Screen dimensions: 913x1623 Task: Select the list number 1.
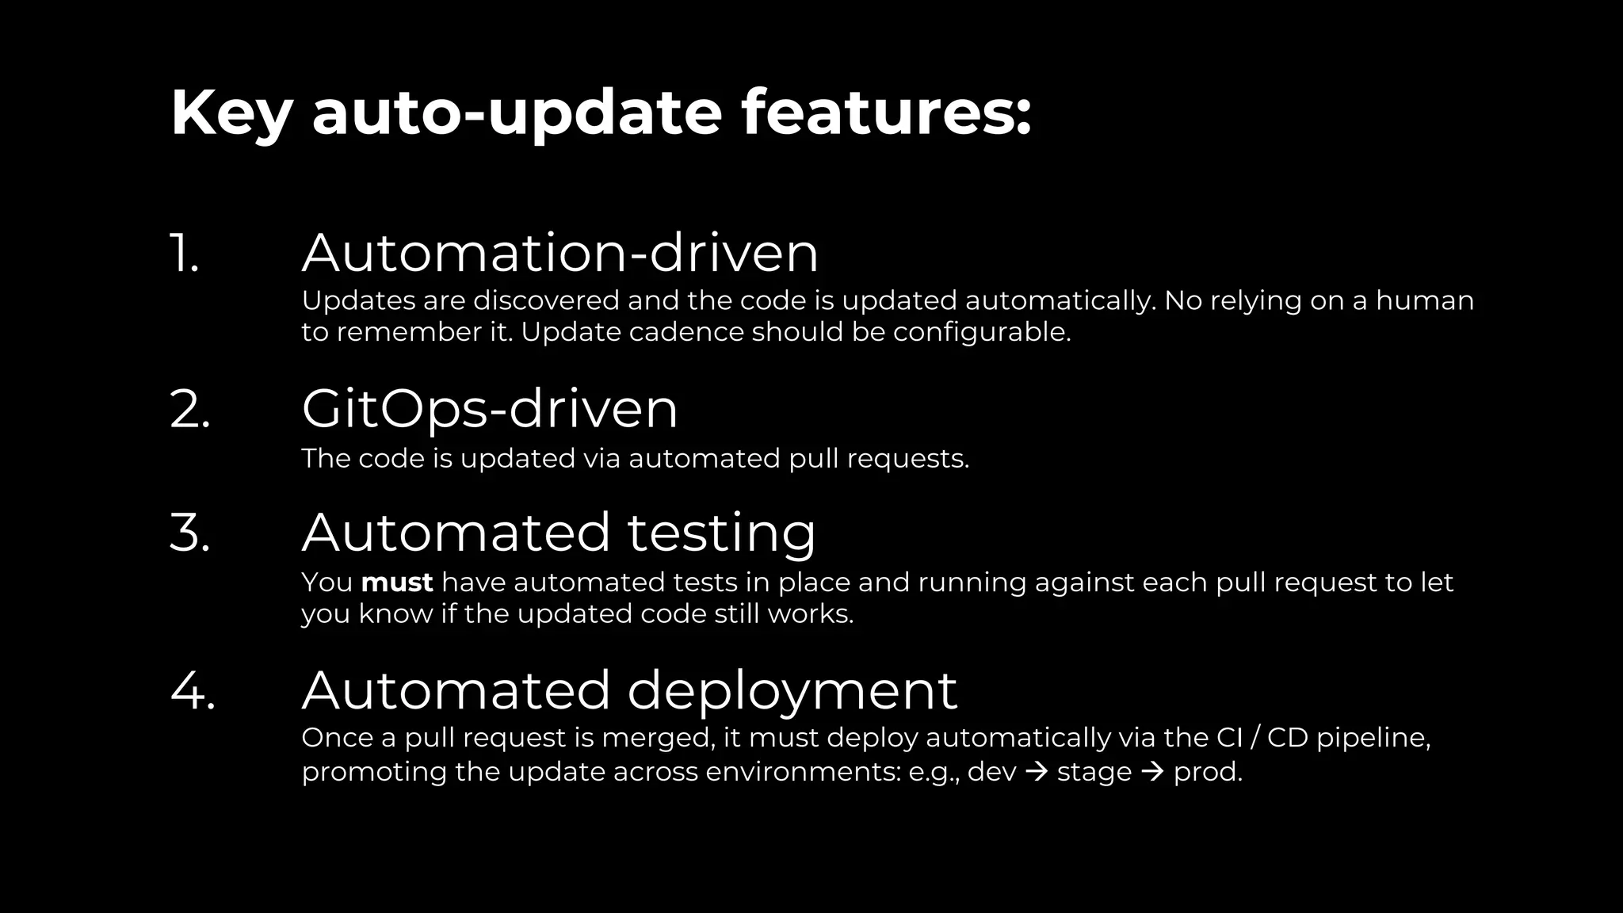[185, 254]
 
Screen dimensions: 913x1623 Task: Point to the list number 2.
[190, 410]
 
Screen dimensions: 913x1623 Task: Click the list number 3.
[190, 533]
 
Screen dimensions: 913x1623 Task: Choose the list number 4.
[193, 690]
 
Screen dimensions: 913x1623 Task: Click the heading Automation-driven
[559, 254]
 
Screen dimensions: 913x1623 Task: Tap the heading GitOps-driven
[489, 410]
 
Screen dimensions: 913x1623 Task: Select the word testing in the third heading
[721, 533]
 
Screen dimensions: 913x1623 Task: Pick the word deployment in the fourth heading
[792, 690]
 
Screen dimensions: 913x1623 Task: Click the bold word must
[397, 583]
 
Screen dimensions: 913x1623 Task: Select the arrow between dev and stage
[1037, 771]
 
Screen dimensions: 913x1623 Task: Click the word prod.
[1207, 773]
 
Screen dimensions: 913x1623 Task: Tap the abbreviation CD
[1288, 738]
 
